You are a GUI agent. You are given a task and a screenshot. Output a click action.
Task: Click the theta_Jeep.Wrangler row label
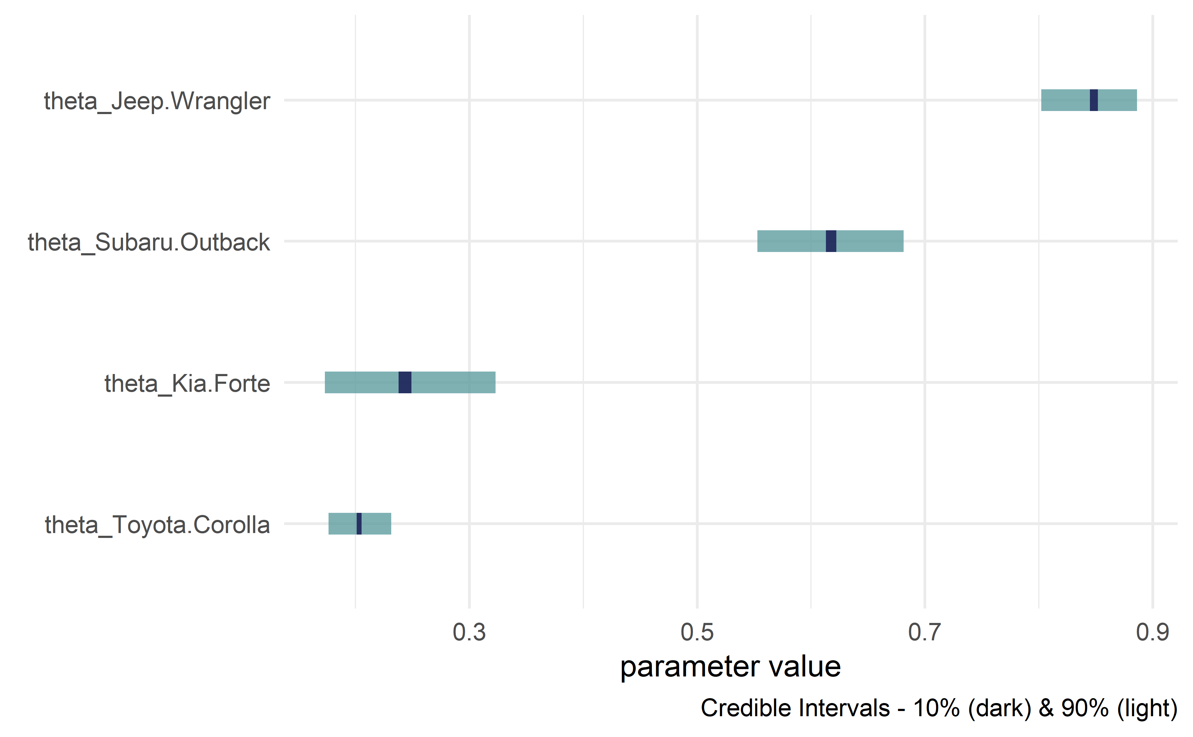coord(157,102)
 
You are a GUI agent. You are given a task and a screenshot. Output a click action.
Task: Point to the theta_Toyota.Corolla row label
coord(157,525)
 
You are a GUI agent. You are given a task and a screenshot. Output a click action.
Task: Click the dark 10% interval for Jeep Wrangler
coord(1094,100)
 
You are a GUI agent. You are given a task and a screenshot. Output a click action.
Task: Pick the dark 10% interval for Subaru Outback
coord(831,241)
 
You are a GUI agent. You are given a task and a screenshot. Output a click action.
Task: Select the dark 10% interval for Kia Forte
coord(405,383)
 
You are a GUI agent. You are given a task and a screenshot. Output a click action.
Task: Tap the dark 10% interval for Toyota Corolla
coord(359,524)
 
